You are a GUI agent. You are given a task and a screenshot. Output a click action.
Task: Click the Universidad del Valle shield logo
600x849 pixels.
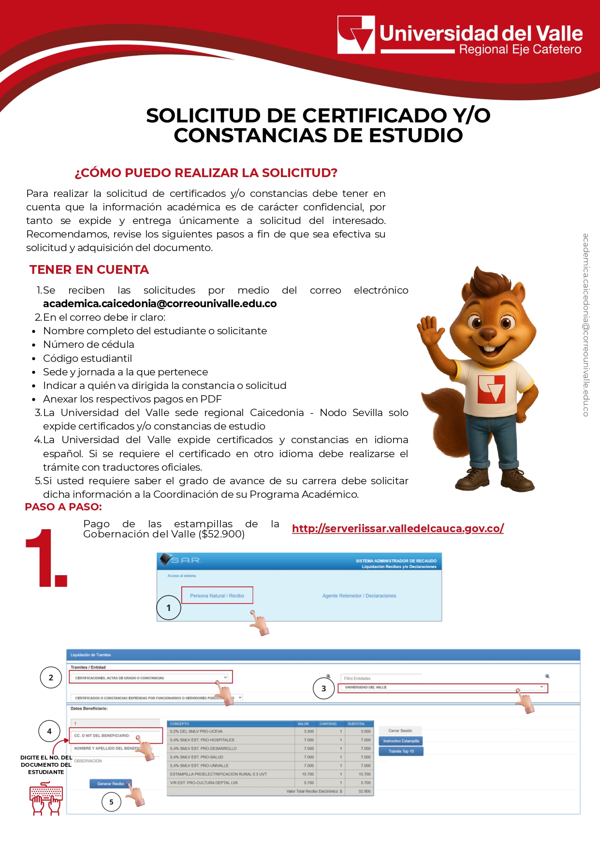point(356,34)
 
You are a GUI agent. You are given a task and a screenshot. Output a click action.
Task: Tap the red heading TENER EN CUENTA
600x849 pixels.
point(89,270)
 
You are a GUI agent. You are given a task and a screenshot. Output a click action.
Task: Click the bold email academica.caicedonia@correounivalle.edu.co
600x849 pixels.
point(160,304)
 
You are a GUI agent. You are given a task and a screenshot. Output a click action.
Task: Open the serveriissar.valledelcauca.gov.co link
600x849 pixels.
point(397,528)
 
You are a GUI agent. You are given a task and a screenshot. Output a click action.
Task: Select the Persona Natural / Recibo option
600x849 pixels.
point(217,596)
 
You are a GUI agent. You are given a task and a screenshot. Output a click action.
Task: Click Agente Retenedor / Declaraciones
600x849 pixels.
point(359,596)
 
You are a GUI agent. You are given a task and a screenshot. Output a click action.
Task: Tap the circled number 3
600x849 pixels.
point(323,688)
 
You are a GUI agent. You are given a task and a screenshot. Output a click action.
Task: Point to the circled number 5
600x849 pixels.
point(111,802)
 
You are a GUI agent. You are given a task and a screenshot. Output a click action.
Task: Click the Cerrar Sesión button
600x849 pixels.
point(400,730)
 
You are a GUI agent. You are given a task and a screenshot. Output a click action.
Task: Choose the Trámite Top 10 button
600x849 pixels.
point(401,751)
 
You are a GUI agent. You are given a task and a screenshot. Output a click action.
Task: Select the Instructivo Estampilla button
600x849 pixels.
point(401,741)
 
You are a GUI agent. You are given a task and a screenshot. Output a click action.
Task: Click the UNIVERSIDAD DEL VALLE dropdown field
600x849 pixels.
point(442,687)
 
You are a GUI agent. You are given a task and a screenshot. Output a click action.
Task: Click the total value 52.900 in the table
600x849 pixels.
point(365,791)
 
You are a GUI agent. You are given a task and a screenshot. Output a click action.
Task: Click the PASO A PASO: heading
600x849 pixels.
point(63,507)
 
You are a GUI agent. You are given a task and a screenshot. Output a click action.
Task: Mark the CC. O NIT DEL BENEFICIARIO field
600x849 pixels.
point(116,736)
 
